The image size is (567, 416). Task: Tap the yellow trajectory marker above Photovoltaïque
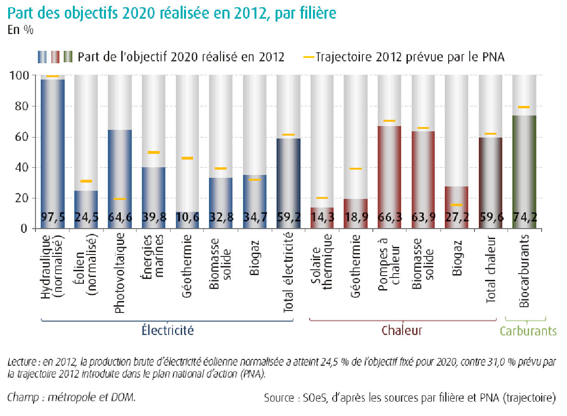point(120,199)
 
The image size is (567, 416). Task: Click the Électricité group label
point(168,330)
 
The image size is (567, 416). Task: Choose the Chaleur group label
point(402,330)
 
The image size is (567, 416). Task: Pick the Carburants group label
point(528,331)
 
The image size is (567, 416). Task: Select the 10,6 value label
point(187,217)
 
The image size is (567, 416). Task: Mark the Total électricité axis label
point(288,272)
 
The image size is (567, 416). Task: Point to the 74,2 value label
point(524,217)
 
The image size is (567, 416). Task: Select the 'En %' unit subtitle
point(20,29)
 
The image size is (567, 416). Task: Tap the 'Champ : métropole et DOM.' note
point(72,397)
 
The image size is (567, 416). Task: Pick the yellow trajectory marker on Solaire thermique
point(322,198)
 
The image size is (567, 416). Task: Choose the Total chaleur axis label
point(490,268)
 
